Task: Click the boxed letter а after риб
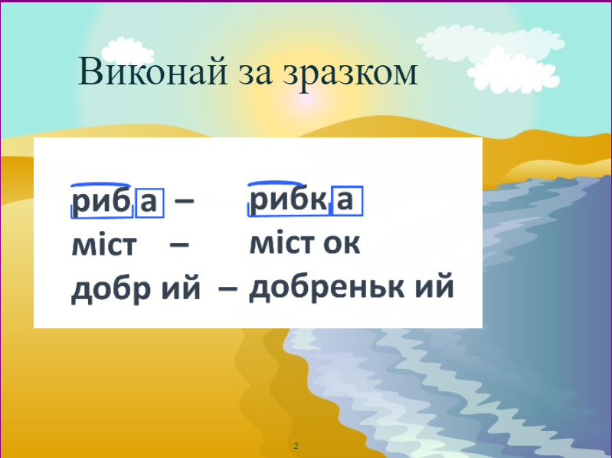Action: tap(149, 203)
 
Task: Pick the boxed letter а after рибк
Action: tap(346, 200)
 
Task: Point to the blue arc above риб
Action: tap(102, 185)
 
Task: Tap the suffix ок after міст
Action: tap(342, 244)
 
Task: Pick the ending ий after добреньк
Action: tap(434, 288)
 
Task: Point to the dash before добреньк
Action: tap(227, 290)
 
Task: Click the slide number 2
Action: tap(296, 446)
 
